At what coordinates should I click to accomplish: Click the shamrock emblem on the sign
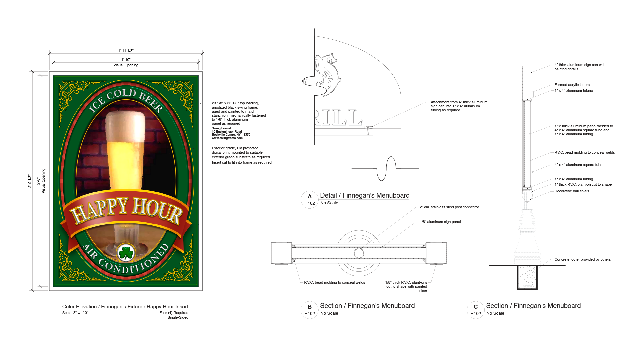[x=126, y=253]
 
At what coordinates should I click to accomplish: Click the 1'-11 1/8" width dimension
[x=126, y=51]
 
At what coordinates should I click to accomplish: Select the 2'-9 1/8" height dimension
[x=30, y=181]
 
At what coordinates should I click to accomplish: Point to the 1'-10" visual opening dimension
[x=126, y=60]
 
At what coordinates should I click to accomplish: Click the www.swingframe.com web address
[x=227, y=138]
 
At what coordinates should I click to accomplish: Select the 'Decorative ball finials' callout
[x=571, y=191]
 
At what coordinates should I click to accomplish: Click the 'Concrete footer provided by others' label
[x=582, y=259]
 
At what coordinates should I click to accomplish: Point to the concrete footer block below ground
[x=527, y=277]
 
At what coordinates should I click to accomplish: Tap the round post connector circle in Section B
[x=359, y=253]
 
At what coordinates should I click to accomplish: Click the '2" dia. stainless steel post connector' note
[x=449, y=207]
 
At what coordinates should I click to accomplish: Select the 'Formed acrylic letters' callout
[x=572, y=85]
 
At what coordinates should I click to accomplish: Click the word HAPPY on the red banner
[x=100, y=210]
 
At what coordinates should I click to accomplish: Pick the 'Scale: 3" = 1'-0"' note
[x=75, y=313]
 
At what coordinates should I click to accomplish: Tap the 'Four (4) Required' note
[x=174, y=313]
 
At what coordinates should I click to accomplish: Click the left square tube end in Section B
[x=281, y=253]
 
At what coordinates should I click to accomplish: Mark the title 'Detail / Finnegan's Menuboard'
[x=364, y=195]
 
